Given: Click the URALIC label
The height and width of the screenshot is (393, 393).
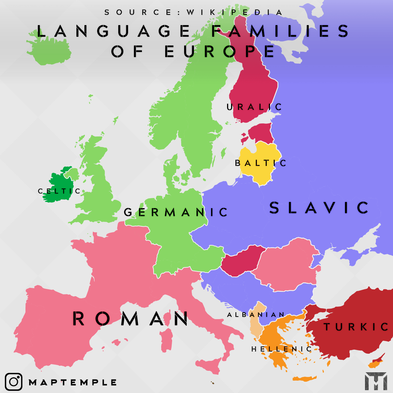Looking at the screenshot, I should (254, 107).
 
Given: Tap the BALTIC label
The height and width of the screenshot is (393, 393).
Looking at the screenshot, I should (261, 163).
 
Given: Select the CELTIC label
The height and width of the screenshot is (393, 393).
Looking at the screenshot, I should (59, 191).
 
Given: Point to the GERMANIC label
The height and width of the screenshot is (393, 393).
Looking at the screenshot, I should (176, 212).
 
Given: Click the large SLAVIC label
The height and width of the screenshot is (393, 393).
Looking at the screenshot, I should (319, 208).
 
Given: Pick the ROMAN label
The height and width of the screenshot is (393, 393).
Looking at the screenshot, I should (130, 318).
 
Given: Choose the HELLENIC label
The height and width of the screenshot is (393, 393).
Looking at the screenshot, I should (281, 349).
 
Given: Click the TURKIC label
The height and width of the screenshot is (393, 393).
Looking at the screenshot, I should (356, 327).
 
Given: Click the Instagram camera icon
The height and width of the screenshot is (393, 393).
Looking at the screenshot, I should (14, 382).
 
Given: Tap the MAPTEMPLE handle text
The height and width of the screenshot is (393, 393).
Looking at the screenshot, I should (73, 382).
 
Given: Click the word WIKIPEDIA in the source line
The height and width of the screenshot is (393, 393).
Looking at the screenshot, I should (235, 12).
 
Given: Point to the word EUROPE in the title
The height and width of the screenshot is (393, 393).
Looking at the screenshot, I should (219, 52).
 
